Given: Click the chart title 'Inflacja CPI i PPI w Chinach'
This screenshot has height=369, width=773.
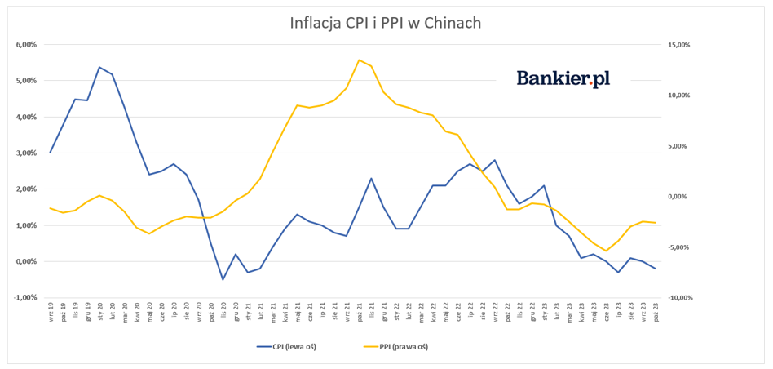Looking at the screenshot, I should click(x=386, y=22).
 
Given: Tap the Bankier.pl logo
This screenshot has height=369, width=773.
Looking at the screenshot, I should click(x=563, y=78).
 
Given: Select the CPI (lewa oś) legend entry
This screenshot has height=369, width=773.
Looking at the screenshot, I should click(x=286, y=346).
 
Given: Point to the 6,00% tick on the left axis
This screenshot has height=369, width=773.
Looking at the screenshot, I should click(x=27, y=45).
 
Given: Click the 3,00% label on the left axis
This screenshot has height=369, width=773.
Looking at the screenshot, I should click(x=27, y=153).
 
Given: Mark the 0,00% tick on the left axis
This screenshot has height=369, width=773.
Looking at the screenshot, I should click(x=27, y=262).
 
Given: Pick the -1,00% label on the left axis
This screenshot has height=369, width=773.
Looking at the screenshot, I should click(x=26, y=298).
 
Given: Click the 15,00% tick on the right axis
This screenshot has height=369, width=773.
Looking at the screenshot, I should click(x=678, y=45).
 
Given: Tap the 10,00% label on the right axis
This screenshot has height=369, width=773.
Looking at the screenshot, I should click(x=678, y=96).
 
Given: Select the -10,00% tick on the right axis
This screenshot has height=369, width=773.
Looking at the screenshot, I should click(x=678, y=298).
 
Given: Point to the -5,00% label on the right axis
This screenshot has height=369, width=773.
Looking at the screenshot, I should click(x=678, y=247).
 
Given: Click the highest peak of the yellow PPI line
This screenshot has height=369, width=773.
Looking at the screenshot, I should click(x=359, y=60).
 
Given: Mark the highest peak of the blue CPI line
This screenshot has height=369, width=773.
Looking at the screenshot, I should click(x=99, y=67).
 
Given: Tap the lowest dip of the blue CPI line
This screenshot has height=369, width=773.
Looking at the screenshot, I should click(x=223, y=280).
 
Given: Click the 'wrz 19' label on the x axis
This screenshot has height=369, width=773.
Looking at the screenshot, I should click(x=51, y=312).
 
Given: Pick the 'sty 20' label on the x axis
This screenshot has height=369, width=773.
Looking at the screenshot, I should click(x=100, y=312).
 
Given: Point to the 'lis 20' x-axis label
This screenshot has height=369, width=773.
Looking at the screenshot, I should click(x=223, y=312).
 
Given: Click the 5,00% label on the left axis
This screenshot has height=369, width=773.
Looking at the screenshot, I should click(x=27, y=81).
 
